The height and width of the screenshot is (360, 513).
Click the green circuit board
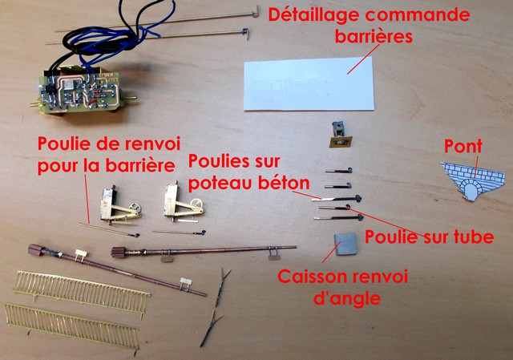79,91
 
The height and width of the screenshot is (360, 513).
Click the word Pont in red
463,146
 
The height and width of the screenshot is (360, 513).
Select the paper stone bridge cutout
472,180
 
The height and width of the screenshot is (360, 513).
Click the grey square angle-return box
345,245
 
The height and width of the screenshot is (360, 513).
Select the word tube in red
473,237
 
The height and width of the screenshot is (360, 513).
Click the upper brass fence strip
81,289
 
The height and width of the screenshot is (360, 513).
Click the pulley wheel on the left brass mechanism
135,208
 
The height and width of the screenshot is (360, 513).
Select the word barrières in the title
374,37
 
